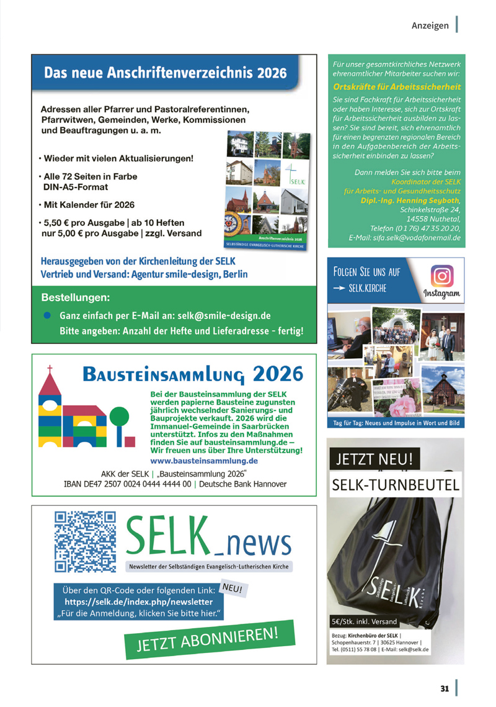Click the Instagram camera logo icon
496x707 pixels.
point(442,275)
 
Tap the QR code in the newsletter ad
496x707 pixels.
point(86,540)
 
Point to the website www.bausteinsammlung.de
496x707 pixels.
point(204,461)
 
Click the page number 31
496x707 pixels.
point(445,688)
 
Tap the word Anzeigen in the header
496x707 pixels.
point(430,25)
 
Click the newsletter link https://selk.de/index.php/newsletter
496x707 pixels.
point(139,601)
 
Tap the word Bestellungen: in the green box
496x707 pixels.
point(76,297)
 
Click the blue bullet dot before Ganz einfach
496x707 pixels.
point(47,315)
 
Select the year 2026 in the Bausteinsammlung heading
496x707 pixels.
point(278,374)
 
